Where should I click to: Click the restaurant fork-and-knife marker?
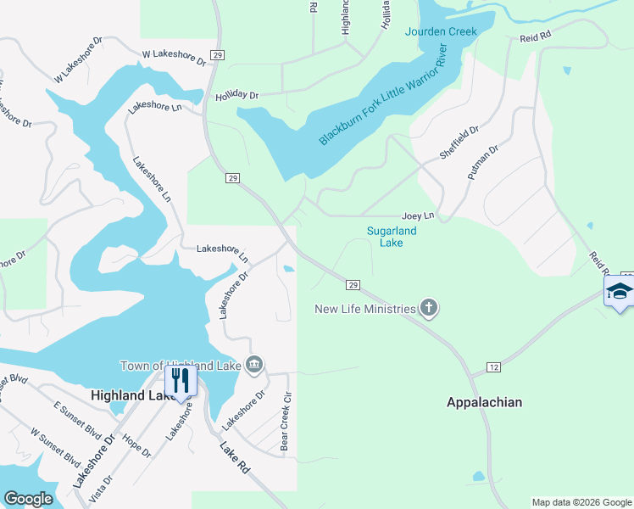pos(181,378)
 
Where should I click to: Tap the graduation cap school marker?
pos(620,292)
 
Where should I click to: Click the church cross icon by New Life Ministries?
pos(429,308)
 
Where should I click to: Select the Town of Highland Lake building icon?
pos(253,366)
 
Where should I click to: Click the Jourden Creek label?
pos(441,32)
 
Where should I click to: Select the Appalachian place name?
pos(484,402)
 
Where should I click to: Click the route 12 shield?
pos(493,366)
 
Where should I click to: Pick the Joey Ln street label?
pos(418,216)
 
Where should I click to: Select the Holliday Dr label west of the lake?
pos(236,95)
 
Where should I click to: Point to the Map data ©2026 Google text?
pos(581,502)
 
